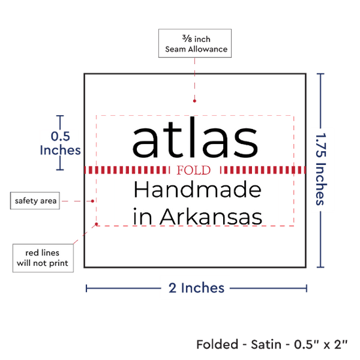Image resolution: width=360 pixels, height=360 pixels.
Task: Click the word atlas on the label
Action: coord(195,137)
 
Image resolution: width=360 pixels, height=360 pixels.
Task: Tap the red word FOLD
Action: coord(194,170)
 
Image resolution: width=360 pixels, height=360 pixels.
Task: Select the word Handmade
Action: coord(198,189)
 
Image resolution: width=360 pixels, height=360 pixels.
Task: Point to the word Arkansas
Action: coord(211,217)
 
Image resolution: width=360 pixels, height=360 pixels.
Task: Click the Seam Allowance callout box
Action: coord(195,43)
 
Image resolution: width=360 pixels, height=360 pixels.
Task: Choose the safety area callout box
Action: coord(35,201)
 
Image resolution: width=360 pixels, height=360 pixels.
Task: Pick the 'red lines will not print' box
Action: coord(43,258)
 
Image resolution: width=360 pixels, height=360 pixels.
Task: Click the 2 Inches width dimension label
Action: coord(196,288)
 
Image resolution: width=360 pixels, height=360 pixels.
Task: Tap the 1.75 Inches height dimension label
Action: coord(321,169)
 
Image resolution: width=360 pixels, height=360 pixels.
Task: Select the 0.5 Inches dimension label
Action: coord(60,143)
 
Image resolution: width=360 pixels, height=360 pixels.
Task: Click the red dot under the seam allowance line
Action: coord(194,101)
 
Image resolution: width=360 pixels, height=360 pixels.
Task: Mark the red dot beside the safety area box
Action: coord(92,201)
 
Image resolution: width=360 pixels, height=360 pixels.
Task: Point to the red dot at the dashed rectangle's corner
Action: coord(96,224)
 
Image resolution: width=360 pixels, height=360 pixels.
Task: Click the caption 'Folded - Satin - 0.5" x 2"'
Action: coord(272,344)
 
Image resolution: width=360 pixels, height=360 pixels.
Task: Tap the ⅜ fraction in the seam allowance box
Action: coord(187,38)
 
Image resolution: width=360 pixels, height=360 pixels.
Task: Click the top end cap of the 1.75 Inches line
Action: coord(321,74)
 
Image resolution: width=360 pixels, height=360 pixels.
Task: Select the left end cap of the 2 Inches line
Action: coord(86,288)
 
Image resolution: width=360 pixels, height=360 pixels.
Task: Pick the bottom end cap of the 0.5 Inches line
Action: coord(60,170)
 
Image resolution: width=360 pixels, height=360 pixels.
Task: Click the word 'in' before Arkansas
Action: coord(143,217)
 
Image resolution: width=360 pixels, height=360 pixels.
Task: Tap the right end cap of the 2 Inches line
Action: coord(306,288)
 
